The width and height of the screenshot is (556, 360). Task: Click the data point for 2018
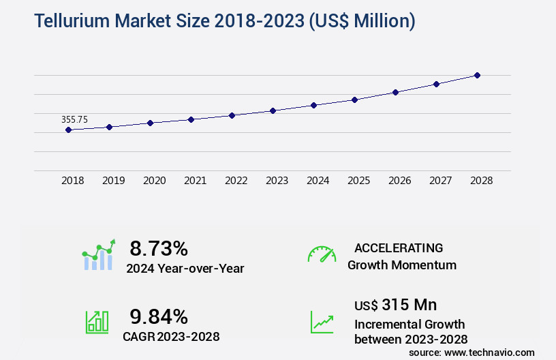pyautogui.click(x=69, y=130)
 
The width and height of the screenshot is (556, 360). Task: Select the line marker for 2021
pyautogui.click(x=191, y=119)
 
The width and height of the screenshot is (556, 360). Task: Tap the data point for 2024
pyautogui.click(x=314, y=105)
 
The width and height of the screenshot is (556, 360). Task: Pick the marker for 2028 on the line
pyautogui.click(x=478, y=75)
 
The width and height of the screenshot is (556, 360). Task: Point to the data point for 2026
pyautogui.click(x=396, y=92)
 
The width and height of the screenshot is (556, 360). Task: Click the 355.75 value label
pyautogui.click(x=74, y=119)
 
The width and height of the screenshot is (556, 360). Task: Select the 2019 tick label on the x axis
pyautogui.click(x=114, y=181)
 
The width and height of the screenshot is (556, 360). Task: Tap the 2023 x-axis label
pyautogui.click(x=277, y=181)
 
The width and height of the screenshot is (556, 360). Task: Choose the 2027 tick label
pyautogui.click(x=441, y=181)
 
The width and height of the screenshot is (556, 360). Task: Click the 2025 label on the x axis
pyautogui.click(x=359, y=181)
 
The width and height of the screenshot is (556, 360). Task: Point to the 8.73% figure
pyautogui.click(x=159, y=248)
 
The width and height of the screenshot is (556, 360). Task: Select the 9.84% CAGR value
pyautogui.click(x=159, y=316)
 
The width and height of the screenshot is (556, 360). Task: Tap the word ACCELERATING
pyautogui.click(x=399, y=248)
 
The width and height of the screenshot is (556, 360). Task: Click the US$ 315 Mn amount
pyautogui.click(x=396, y=304)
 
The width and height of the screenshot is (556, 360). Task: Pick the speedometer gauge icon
pyautogui.click(x=322, y=254)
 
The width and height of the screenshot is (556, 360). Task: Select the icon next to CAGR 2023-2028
pyautogui.click(x=97, y=322)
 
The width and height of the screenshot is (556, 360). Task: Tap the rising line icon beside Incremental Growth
pyautogui.click(x=322, y=322)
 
